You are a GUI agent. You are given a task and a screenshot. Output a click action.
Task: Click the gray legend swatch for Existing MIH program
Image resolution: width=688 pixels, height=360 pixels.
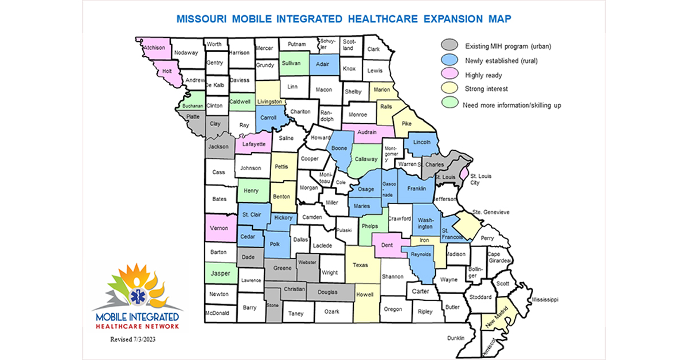[x=449, y=46]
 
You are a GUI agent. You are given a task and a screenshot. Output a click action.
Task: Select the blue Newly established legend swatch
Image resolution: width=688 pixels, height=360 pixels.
[x=449, y=60]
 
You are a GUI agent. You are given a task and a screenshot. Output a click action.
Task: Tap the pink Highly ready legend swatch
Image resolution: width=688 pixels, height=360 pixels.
[x=449, y=75]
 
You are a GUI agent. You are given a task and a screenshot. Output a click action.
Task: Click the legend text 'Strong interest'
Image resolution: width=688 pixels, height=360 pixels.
[x=486, y=89]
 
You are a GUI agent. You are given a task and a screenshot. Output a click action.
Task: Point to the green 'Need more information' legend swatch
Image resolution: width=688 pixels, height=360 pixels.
[x=449, y=104]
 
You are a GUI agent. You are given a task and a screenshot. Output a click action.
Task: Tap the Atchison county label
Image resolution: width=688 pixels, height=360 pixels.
[x=155, y=48]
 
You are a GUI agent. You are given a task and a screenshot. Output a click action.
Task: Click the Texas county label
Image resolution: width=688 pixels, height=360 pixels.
[x=359, y=265]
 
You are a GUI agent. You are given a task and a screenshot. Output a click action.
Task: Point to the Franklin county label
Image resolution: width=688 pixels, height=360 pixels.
[x=416, y=188]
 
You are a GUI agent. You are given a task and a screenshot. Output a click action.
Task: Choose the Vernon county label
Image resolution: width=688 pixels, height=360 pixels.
[x=219, y=228]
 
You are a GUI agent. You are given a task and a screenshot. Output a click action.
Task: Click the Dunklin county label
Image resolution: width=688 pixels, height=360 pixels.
[x=456, y=338]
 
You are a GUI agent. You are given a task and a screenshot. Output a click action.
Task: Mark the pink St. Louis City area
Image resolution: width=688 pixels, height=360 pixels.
[x=463, y=173]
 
